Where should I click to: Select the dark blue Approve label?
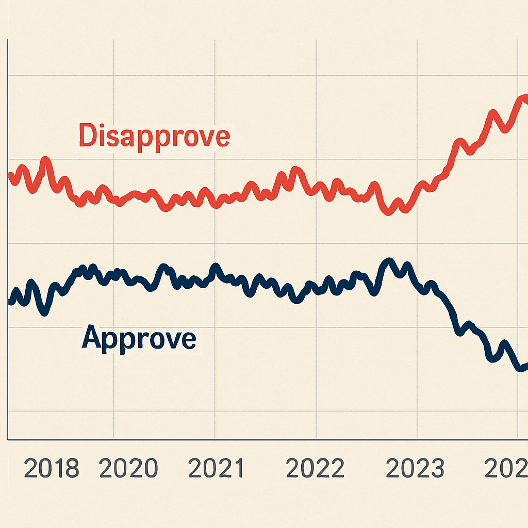[x=139, y=338]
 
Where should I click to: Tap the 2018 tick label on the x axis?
[x=52, y=469]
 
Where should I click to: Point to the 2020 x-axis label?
[x=128, y=469]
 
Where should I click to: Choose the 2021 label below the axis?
[x=216, y=469]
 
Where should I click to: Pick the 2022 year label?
[x=315, y=469]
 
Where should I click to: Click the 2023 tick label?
[x=415, y=469]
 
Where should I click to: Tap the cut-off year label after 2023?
[x=508, y=469]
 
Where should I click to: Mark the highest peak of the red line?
[x=523, y=97]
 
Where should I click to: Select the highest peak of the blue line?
[x=388, y=261]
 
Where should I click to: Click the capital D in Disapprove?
[x=88, y=136]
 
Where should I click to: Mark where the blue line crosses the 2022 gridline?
[x=316, y=288]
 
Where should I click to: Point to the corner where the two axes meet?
[x=7, y=439]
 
